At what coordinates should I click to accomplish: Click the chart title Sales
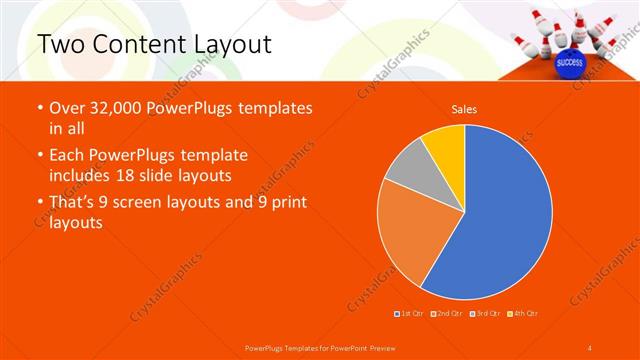464,108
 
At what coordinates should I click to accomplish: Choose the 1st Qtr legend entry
410,314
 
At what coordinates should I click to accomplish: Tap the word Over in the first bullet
68,109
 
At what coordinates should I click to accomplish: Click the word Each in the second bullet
68,156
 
